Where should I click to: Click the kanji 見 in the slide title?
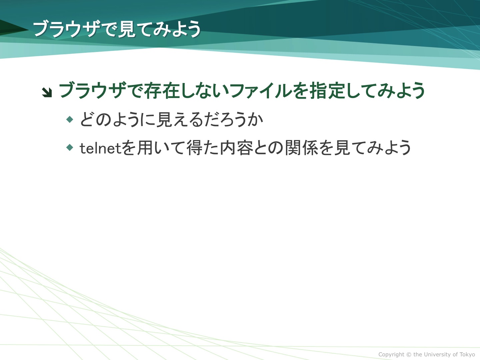point(126,29)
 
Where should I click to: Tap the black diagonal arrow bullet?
point(47,92)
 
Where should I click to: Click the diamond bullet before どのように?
point(70,119)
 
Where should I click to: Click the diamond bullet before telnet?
point(70,147)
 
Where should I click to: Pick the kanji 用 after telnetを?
point(146,148)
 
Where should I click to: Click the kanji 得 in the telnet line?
point(195,148)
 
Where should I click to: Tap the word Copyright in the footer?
point(391,354)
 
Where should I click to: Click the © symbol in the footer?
point(409,354)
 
